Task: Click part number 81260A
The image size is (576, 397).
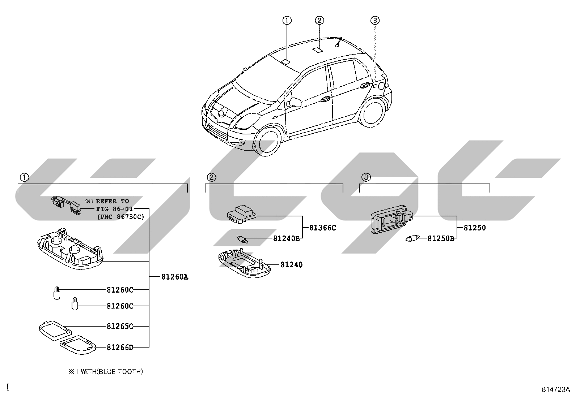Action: (x=175, y=277)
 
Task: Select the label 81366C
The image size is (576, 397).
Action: (x=322, y=228)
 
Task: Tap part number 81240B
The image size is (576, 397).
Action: (x=287, y=238)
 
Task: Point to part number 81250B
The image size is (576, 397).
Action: (x=441, y=238)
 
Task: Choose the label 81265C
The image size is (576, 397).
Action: (x=120, y=326)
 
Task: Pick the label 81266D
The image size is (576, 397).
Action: (x=120, y=348)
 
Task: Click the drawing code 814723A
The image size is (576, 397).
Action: (x=556, y=389)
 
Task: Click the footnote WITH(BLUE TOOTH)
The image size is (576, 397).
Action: (x=111, y=372)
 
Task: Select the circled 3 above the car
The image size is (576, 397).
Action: (x=375, y=20)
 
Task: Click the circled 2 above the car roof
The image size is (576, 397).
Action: (x=319, y=20)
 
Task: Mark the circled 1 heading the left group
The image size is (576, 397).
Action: (x=25, y=177)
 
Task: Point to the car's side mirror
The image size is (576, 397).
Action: (x=294, y=102)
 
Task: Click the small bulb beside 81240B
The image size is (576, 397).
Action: (x=242, y=240)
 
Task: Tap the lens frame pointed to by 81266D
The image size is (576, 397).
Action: (x=78, y=345)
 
